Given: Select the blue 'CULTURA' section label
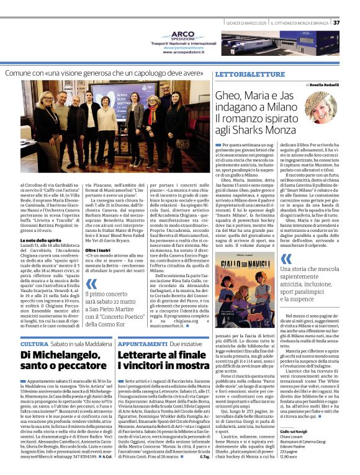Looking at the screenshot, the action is coord(34,343).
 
